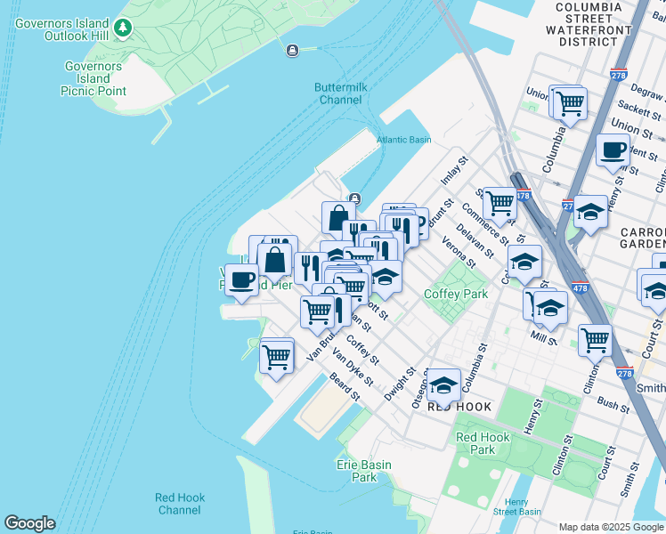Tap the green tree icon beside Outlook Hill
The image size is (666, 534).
point(123,29)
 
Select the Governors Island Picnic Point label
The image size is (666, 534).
point(93,78)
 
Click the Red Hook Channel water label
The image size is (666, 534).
point(179,504)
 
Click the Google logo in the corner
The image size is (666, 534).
point(29,523)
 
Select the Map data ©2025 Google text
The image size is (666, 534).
point(609,527)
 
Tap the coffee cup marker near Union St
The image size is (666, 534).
point(612,150)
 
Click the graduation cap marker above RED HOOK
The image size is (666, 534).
point(443,384)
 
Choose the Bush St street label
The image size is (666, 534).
point(613,404)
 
